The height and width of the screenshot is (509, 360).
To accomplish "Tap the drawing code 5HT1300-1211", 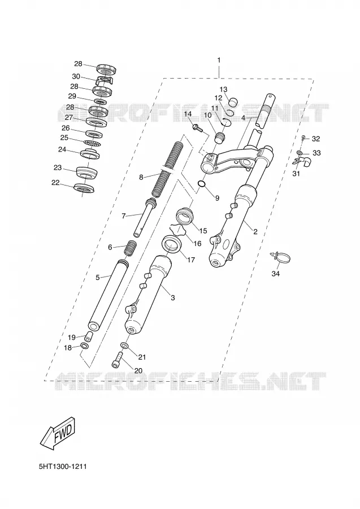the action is pyautogui.click(x=63, y=467).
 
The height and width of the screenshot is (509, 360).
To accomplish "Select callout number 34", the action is pyautogui.click(x=275, y=274).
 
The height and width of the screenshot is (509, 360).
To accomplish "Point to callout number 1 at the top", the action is pyautogui.click(x=219, y=60).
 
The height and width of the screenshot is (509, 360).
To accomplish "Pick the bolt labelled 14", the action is pyautogui.click(x=197, y=128).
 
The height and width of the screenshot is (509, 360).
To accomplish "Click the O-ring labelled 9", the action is pyautogui.click(x=201, y=185).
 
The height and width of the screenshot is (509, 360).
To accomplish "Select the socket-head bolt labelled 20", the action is pyautogui.click(x=118, y=360).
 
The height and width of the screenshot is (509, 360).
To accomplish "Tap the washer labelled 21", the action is pyautogui.click(x=124, y=345).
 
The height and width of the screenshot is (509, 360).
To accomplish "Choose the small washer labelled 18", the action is pyautogui.click(x=84, y=346).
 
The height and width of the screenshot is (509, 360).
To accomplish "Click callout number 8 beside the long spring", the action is pyautogui.click(x=141, y=177).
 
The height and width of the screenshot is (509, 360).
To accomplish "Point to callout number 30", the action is pyautogui.click(x=76, y=76).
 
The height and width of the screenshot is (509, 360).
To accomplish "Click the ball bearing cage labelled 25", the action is pyautogui.click(x=92, y=143).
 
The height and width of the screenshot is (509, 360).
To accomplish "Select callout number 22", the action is pyautogui.click(x=55, y=183).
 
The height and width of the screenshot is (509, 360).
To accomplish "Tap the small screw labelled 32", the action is pyautogui.click(x=304, y=139).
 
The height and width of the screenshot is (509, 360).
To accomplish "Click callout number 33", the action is pyautogui.click(x=316, y=153).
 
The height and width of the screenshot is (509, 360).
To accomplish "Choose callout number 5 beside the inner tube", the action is pyautogui.click(x=98, y=277).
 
